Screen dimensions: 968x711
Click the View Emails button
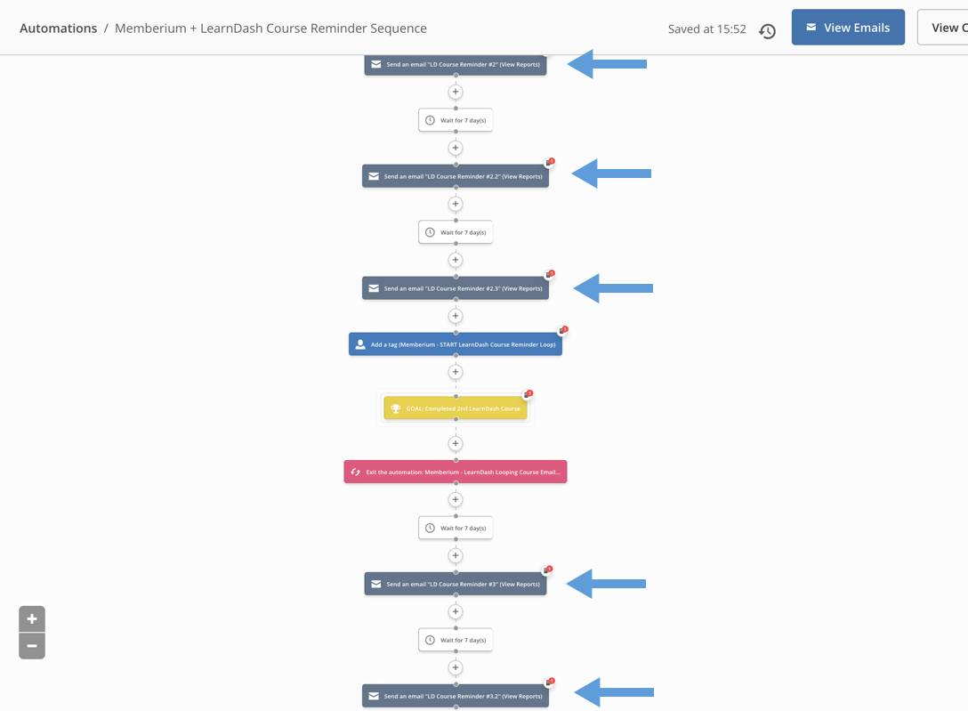point(848,28)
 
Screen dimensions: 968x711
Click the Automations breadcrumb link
point(58,28)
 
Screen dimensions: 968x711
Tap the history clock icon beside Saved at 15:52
point(767,31)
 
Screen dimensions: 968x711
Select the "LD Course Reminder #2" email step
point(456,64)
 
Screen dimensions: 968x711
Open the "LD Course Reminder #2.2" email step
point(456,176)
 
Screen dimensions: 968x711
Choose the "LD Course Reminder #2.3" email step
point(456,288)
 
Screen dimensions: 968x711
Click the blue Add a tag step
point(456,344)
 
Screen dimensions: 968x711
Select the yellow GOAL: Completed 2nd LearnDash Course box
point(456,408)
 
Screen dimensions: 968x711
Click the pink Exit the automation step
point(456,473)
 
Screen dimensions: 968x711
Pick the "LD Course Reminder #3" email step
point(456,584)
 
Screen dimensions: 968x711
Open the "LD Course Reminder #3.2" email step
point(456,696)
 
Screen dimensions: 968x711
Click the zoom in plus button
point(32,619)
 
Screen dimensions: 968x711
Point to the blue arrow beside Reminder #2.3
point(613,288)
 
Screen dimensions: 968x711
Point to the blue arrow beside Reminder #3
point(606,584)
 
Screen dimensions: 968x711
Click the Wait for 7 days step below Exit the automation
point(456,529)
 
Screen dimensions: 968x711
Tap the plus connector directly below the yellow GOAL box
point(456,444)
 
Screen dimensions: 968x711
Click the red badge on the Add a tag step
point(565,329)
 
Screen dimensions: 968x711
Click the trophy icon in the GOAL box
point(396,408)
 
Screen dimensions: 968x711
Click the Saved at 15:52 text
point(706,29)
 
